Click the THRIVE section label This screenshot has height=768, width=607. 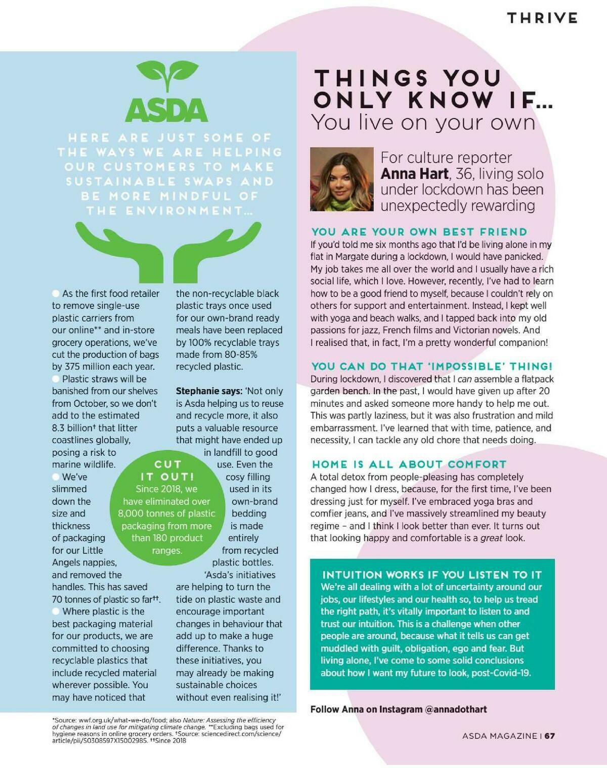[542, 18]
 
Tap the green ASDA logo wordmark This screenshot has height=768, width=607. [166, 109]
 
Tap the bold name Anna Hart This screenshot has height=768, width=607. [414, 174]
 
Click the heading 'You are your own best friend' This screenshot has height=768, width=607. [419, 232]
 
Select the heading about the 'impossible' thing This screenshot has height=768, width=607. [431, 366]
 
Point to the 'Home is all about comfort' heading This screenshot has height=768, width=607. [409, 464]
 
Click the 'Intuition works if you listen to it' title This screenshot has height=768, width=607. [432, 575]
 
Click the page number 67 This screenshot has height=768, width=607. [550, 736]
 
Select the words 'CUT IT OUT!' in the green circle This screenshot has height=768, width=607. [167, 471]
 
